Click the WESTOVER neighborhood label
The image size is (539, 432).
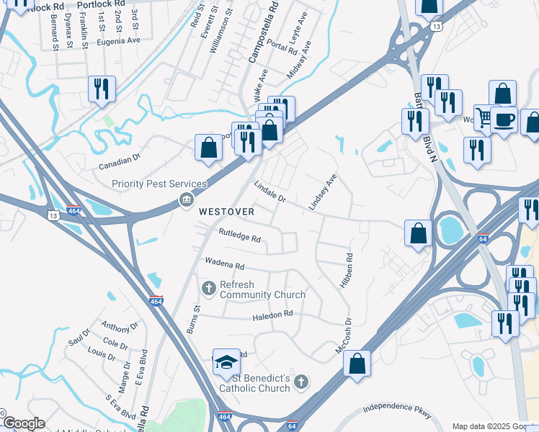226,212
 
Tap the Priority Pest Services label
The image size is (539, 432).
159,184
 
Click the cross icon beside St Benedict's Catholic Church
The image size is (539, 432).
303,381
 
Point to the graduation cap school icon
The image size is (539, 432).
226,362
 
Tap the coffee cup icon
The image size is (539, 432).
504,119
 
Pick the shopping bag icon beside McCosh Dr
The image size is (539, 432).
357,364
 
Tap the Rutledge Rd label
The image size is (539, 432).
240,235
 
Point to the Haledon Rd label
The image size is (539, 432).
272,314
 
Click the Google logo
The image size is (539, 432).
24,423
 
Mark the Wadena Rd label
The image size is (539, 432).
225,264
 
